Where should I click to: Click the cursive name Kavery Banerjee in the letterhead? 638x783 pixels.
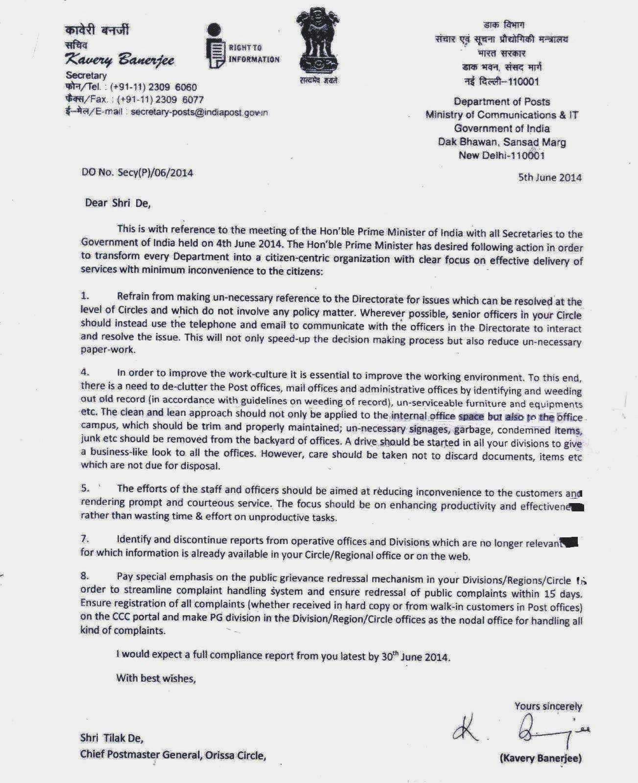pyautogui.click(x=120, y=59)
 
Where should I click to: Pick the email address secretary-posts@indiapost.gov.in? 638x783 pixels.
pyautogui.click(x=199, y=112)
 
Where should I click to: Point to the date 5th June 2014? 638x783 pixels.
pyautogui.click(x=550, y=178)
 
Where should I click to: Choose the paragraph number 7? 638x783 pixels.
pyautogui.click(x=85, y=539)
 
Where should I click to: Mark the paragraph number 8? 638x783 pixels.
pyautogui.click(x=85, y=576)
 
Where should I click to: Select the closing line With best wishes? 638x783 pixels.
pyautogui.click(x=156, y=678)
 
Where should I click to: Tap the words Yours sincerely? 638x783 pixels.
pyautogui.click(x=547, y=706)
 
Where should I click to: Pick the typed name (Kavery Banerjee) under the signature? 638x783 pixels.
pyautogui.click(x=541, y=759)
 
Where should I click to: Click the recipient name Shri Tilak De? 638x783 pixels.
pyautogui.click(x=112, y=737)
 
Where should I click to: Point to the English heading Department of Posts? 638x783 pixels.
pyautogui.click(x=502, y=102)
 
